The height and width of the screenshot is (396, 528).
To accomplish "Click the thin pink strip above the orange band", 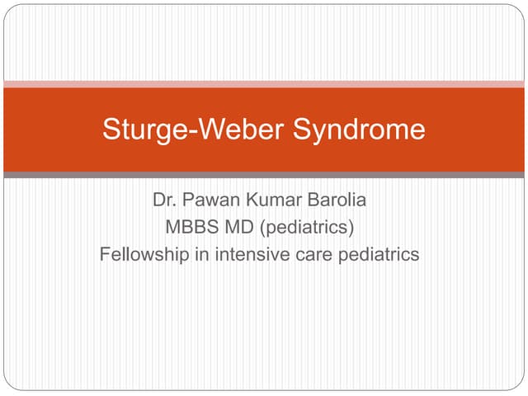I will click(264, 83).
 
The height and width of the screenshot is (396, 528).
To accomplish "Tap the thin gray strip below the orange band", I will click(264, 175).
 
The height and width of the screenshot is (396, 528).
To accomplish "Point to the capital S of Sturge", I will click(110, 130).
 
